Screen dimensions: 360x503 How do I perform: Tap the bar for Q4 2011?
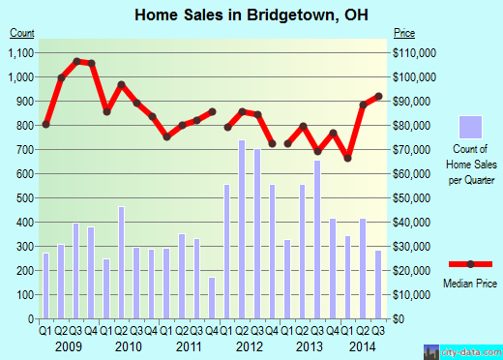213,298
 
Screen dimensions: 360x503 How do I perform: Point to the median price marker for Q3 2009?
76,61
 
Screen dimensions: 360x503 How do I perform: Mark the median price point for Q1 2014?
347,158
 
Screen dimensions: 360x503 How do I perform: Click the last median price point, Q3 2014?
378,96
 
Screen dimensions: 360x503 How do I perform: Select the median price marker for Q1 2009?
45,124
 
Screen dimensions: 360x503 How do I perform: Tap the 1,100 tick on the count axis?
23,52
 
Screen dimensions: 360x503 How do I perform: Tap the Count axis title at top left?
22,33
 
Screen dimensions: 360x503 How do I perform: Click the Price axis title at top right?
405,33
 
